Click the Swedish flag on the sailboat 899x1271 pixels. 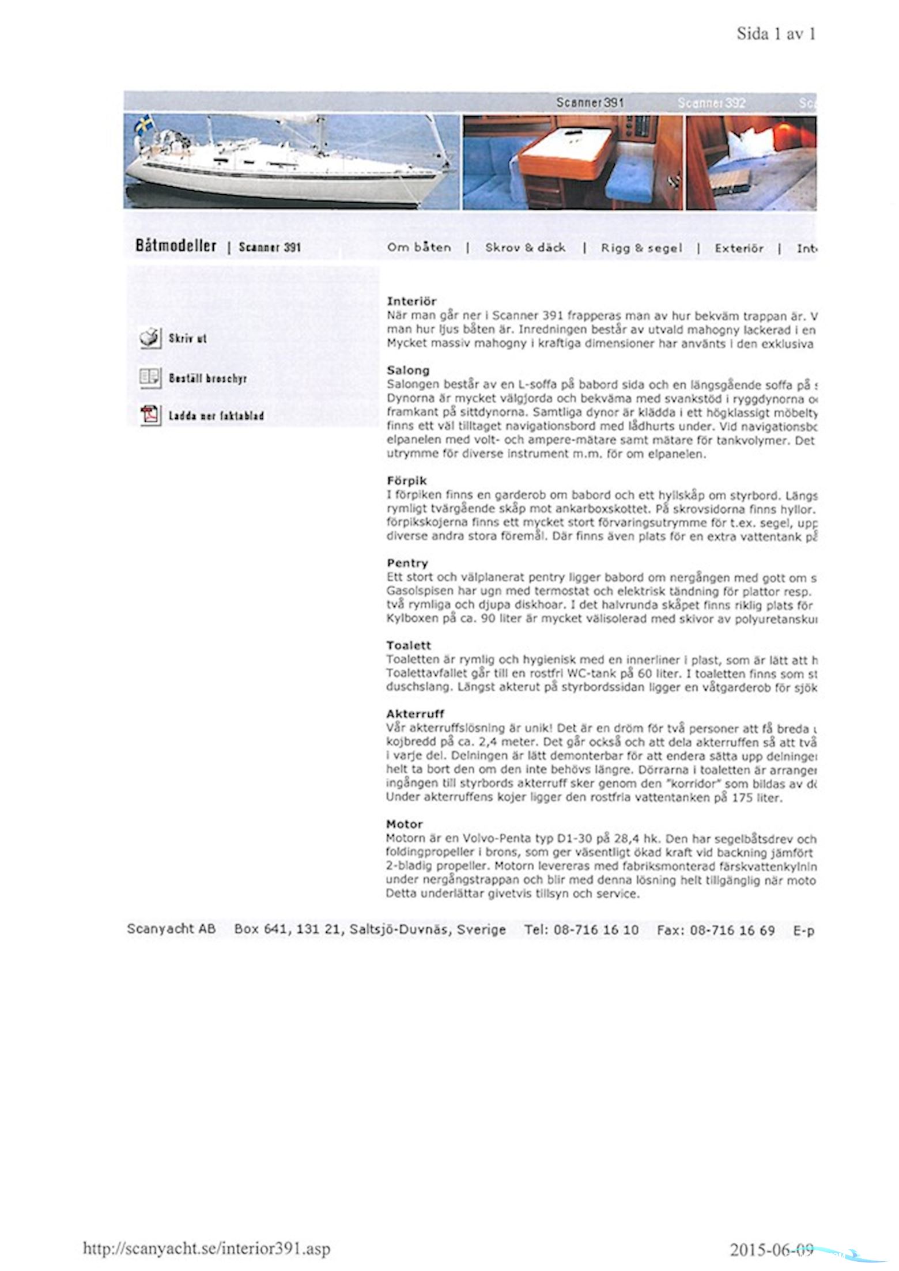tap(144, 124)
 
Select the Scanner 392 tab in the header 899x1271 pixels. tap(711, 103)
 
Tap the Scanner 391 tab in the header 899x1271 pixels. tap(590, 103)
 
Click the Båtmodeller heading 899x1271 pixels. tap(176, 245)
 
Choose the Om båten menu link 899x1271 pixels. tap(419, 248)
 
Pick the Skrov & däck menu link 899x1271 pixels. tap(525, 248)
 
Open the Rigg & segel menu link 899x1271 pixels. tap(641, 248)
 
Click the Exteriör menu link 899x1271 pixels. tap(739, 248)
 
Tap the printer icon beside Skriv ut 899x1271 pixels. tap(150, 338)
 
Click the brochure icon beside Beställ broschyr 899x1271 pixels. tap(150, 378)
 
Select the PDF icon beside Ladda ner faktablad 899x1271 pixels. tap(150, 415)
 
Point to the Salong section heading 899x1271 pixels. tap(408, 370)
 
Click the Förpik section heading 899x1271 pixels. tap(407, 480)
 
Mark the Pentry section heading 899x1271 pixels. tap(407, 563)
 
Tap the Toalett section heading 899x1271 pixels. tap(409, 645)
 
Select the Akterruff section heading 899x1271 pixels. tap(415, 714)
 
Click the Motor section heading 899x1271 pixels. tap(405, 824)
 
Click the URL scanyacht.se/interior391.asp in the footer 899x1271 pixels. tap(207, 1249)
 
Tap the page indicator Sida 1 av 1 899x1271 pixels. tap(776, 34)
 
